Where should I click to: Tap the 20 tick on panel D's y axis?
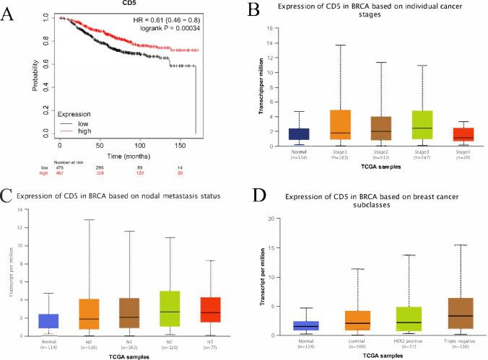pos(274,219)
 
